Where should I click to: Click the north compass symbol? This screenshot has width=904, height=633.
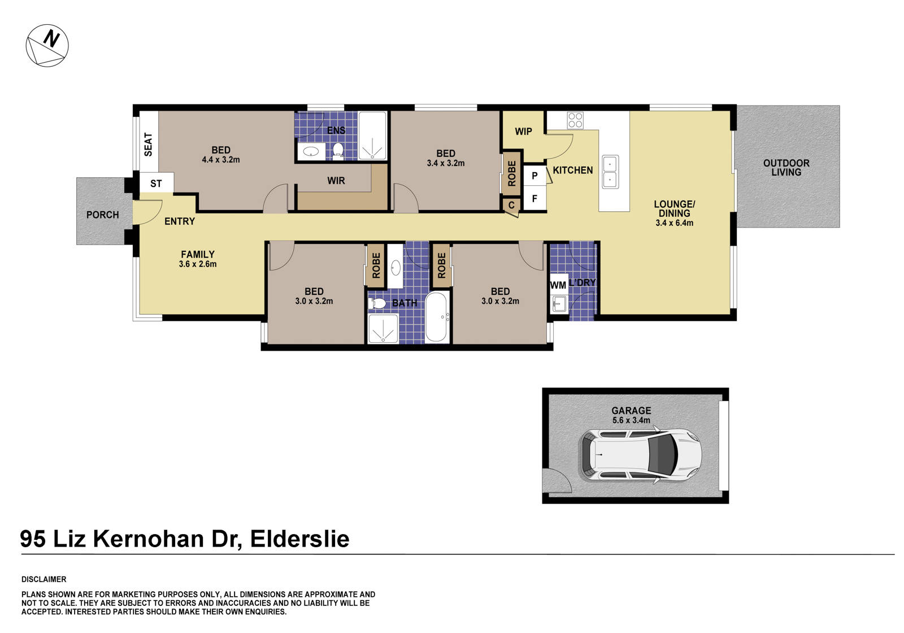coord(47,46)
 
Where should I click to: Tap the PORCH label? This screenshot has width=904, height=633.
coord(102,215)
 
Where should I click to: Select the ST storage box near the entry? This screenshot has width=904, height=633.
coord(156,184)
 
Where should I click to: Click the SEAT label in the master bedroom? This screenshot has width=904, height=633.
coord(149,144)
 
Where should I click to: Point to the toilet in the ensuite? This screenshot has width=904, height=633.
coord(338,150)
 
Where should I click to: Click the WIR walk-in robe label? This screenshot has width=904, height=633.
coord(336,181)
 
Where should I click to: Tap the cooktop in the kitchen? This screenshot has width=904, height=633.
coord(575,120)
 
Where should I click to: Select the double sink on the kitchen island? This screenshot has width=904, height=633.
coord(610,172)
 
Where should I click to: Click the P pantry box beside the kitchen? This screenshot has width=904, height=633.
coord(534,176)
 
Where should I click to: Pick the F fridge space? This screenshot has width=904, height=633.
coord(534,199)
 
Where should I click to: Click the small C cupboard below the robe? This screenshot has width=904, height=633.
coord(511,205)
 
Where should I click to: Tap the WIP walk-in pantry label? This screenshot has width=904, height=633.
coord(523,132)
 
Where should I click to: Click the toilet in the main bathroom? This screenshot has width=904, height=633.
coord(377,304)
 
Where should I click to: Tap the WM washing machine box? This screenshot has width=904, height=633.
coord(558,285)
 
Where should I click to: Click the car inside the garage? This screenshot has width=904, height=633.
coord(640,455)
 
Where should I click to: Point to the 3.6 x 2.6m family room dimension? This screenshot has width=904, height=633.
coord(198,264)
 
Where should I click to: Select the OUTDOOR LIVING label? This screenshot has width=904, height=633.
coord(786,168)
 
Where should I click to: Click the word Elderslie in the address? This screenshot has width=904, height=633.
coord(299,539)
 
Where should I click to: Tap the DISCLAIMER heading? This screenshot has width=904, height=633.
coord(44,579)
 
